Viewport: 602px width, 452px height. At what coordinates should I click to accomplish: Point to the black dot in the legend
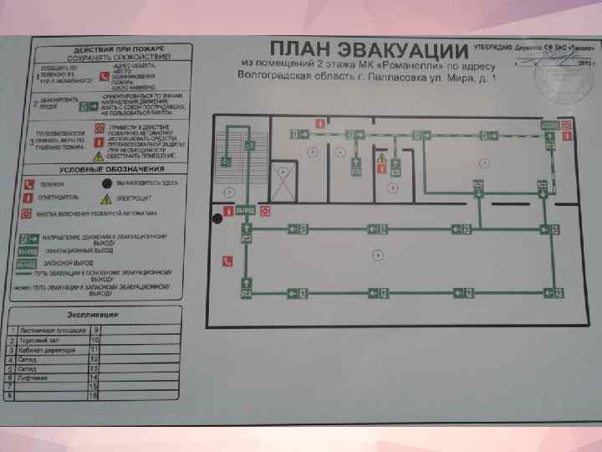pyautogui.click(x=106, y=182)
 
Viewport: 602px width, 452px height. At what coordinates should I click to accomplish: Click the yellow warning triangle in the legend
pyautogui.click(x=106, y=199)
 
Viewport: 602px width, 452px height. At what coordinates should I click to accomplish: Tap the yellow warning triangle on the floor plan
pyautogui.click(x=380, y=157)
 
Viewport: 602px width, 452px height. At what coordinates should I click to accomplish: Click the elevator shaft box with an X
pyautogui.click(x=286, y=182)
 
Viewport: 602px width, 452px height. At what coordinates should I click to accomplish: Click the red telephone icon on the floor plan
pyautogui.click(x=227, y=260)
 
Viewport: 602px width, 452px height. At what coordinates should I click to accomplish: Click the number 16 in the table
pyautogui.click(x=94, y=397)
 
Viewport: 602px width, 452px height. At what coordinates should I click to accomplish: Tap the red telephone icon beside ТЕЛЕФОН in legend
pyautogui.click(x=28, y=183)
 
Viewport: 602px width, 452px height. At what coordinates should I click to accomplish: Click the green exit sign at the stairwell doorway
pyautogui.click(x=244, y=209)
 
